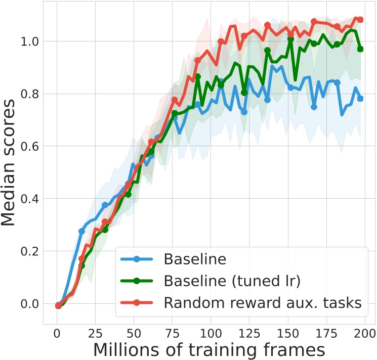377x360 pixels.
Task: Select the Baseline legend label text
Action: click(x=194, y=260)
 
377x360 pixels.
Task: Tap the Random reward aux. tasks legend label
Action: click(x=263, y=302)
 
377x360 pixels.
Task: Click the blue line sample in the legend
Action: click(x=138, y=260)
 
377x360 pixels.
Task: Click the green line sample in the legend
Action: click(x=138, y=282)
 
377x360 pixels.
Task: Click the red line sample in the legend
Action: click(x=138, y=303)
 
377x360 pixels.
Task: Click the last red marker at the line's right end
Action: click(x=360, y=20)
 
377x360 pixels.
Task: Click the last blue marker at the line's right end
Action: click(x=360, y=99)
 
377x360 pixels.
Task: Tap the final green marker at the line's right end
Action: click(x=360, y=49)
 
